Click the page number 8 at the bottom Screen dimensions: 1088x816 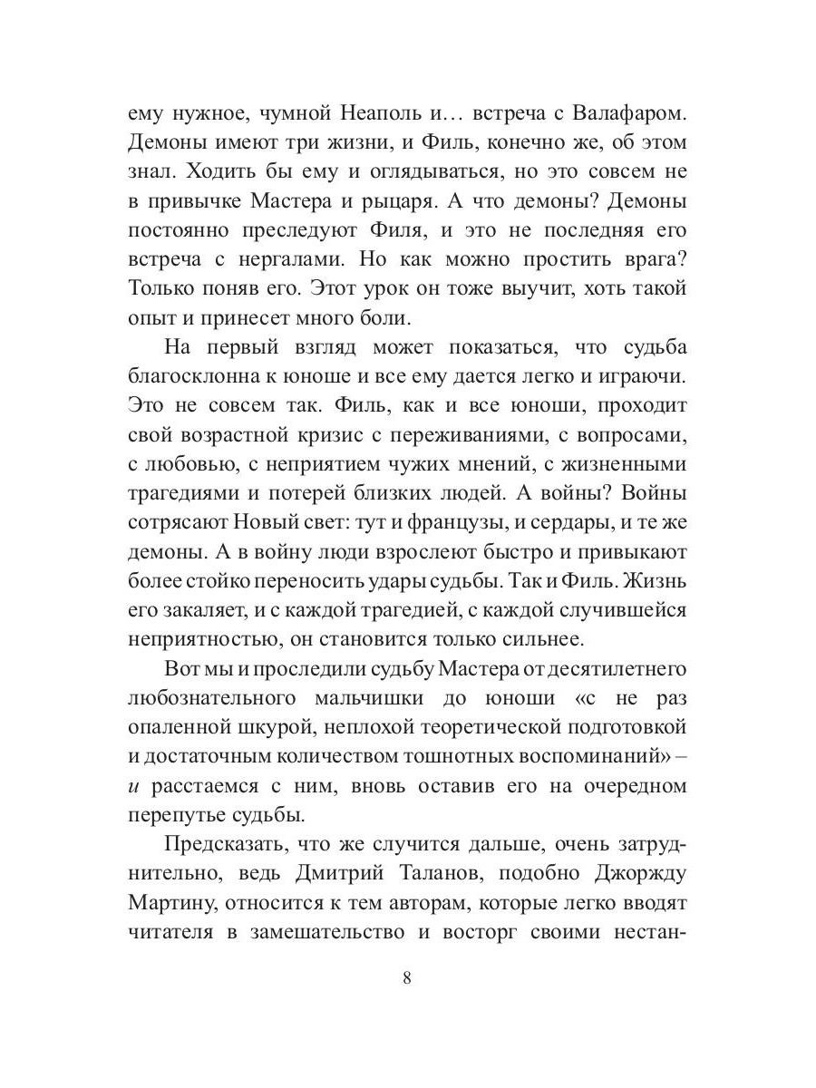coord(406,978)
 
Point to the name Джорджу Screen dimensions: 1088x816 coord(626,874)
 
